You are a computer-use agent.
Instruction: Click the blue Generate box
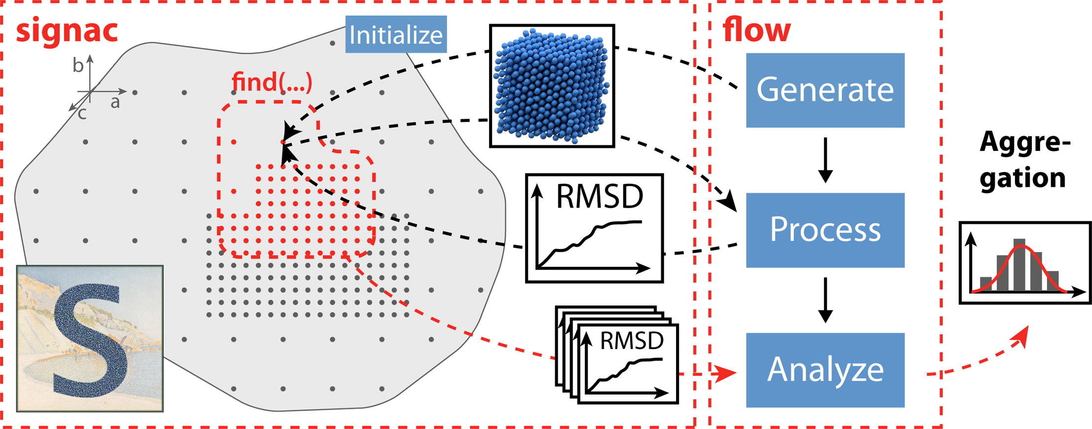pyautogui.click(x=825, y=90)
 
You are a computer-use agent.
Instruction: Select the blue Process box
pyautogui.click(x=825, y=230)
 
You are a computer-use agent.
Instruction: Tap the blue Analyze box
pyautogui.click(x=825, y=370)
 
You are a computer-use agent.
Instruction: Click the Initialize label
pyautogui.click(x=396, y=35)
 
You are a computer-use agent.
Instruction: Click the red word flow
pyautogui.click(x=756, y=31)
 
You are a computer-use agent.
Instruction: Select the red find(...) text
pyautogui.click(x=272, y=81)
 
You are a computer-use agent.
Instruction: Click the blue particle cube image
pyautogui.click(x=552, y=86)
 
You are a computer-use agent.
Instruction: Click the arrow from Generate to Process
pyautogui.click(x=825, y=160)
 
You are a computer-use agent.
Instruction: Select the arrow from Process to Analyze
pyautogui.click(x=825, y=300)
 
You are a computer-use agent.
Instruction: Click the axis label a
pyautogui.click(x=115, y=102)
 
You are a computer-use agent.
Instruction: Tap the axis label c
pyautogui.click(x=82, y=114)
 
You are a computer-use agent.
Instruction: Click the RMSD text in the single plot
pyautogui.click(x=600, y=196)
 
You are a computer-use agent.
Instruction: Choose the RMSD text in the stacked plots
pyautogui.click(x=632, y=340)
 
